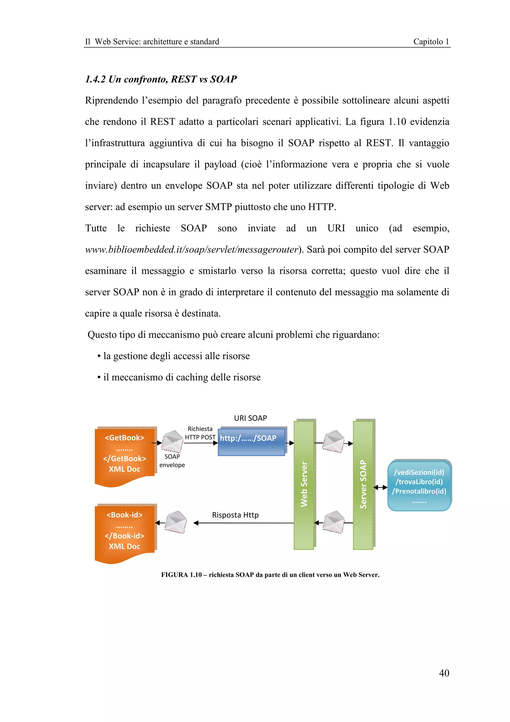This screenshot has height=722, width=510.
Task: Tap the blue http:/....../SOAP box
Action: coord(251,441)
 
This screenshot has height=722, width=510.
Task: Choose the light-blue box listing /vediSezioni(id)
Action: coord(419,486)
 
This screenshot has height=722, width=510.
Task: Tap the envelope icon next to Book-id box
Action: coord(176,522)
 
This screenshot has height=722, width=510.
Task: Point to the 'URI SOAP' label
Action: coord(251,418)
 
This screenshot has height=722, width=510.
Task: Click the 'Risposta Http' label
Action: coord(235,515)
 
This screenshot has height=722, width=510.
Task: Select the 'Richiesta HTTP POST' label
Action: coord(200,433)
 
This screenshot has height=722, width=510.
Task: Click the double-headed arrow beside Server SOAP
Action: coord(380,487)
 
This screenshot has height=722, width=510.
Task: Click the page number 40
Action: coord(444,673)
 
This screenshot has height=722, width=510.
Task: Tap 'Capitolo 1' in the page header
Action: coord(431,42)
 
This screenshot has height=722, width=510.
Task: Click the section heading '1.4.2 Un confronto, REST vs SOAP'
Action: coord(161,79)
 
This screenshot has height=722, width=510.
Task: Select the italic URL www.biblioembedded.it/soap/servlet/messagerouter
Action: coord(191,249)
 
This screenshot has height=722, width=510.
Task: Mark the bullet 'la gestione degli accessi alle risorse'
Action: coord(176,356)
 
